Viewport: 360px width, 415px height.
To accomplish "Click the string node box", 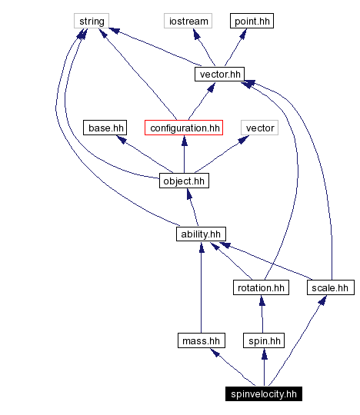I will [92, 21].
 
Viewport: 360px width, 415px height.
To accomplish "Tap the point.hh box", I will [252, 21].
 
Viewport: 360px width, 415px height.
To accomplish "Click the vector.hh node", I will [219, 75].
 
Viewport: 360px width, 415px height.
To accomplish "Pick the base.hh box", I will [105, 128].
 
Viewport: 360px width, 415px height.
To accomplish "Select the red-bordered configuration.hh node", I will [185, 128].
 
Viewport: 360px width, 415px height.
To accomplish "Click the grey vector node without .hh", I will [258, 128].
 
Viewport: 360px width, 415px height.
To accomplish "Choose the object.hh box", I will [184, 181].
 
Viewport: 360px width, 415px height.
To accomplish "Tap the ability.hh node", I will [201, 234].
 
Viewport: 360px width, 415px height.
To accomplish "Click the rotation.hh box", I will [260, 287].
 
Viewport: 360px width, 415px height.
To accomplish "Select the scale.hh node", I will [329, 287].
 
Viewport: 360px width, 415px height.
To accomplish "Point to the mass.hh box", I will [201, 340].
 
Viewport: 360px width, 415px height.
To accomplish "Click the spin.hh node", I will [263, 340].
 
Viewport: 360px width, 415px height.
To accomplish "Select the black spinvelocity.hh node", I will [264, 394].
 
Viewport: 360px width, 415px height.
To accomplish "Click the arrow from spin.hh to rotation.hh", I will [262, 314].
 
